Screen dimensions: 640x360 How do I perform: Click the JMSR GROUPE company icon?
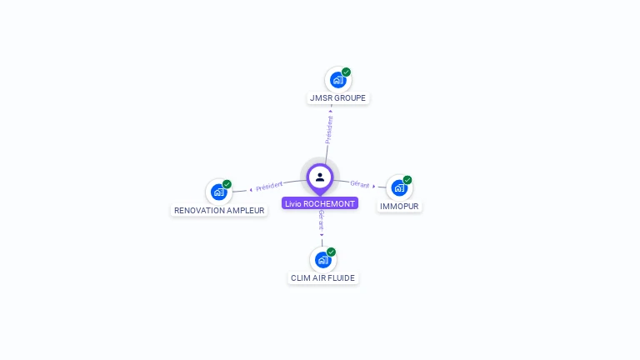pyautogui.click(x=337, y=80)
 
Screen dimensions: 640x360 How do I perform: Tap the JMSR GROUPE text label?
pyautogui.click(x=337, y=98)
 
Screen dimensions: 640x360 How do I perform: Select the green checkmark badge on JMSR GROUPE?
pyautogui.click(x=347, y=72)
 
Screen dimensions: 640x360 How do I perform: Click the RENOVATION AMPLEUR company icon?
pyautogui.click(x=218, y=192)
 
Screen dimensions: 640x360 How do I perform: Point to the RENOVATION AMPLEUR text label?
pyautogui.click(x=219, y=211)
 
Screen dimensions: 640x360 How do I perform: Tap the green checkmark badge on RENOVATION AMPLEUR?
pyautogui.click(x=227, y=184)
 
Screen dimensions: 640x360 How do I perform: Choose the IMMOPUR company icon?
pyautogui.click(x=399, y=187)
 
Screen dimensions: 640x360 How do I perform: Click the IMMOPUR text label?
pyautogui.click(x=399, y=206)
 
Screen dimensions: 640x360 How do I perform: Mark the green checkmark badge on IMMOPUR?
pyautogui.click(x=407, y=180)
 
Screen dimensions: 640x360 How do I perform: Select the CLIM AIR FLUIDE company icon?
pyautogui.click(x=322, y=260)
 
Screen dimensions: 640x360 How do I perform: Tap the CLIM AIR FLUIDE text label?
pyautogui.click(x=323, y=278)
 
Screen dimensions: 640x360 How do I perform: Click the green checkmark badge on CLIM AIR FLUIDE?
pyautogui.click(x=331, y=252)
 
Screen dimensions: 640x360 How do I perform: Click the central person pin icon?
pyautogui.click(x=320, y=177)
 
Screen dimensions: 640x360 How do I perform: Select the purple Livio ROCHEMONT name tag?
pyautogui.click(x=320, y=203)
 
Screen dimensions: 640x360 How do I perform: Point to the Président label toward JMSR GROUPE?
pyautogui.click(x=329, y=130)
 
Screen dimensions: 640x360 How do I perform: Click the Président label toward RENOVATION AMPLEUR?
pyautogui.click(x=269, y=186)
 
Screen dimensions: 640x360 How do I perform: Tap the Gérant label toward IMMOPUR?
pyautogui.click(x=360, y=184)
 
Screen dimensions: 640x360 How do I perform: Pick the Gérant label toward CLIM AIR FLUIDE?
pyautogui.click(x=322, y=221)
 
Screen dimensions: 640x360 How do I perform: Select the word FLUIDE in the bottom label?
pyautogui.click(x=342, y=278)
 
